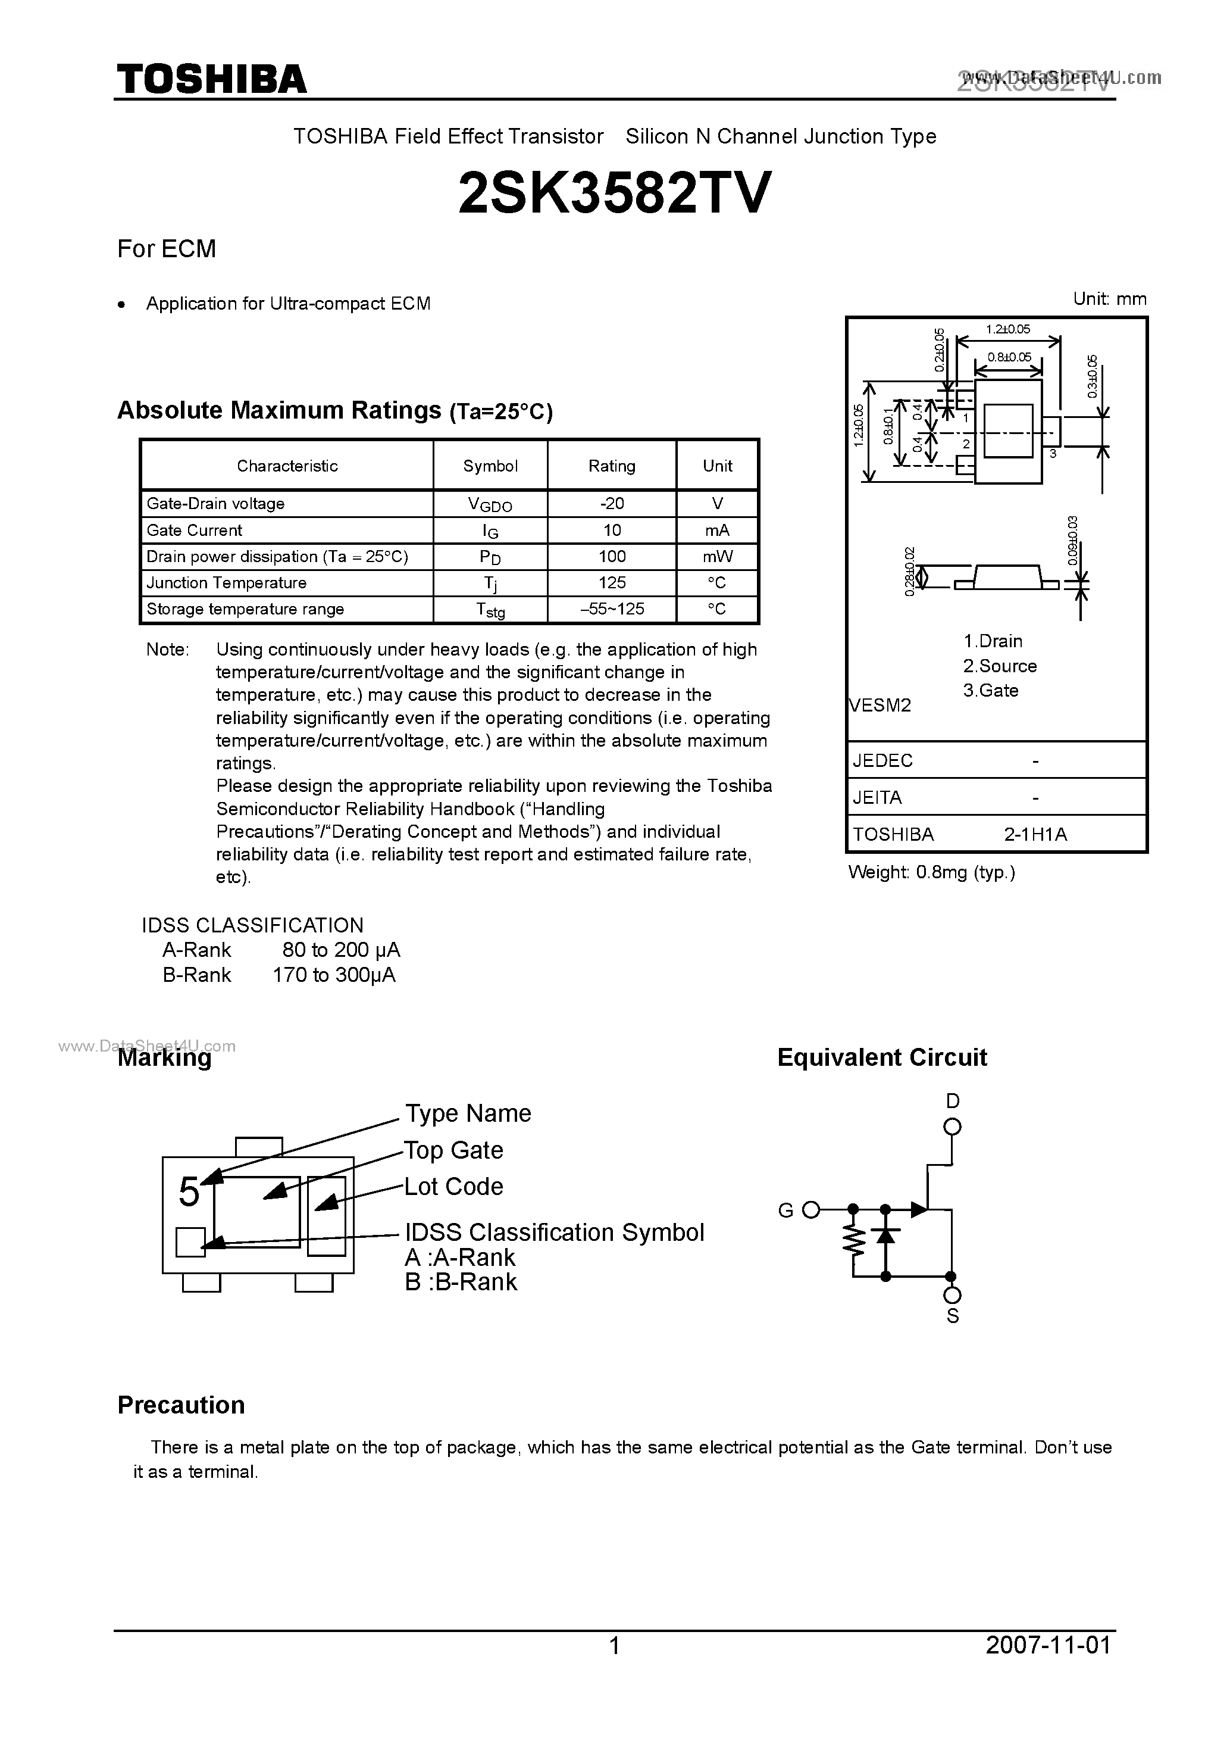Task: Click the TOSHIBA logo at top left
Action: coord(211,79)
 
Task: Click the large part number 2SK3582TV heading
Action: coord(615,192)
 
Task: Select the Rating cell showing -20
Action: coord(612,504)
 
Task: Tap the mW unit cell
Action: coord(717,557)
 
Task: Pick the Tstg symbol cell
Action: coord(490,610)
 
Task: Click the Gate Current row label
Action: coord(195,530)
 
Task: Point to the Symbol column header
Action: coord(490,466)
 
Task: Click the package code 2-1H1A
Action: coord(1035,834)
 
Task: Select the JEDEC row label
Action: coord(883,760)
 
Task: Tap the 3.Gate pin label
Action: coord(991,690)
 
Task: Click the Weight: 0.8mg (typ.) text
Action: coord(931,872)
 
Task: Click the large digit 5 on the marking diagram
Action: coord(189,1192)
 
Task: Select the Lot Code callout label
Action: coord(453,1186)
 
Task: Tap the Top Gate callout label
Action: coord(453,1150)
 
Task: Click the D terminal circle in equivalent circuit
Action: coord(953,1127)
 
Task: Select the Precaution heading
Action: coord(181,1405)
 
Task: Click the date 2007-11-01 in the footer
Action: coord(1048,1645)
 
